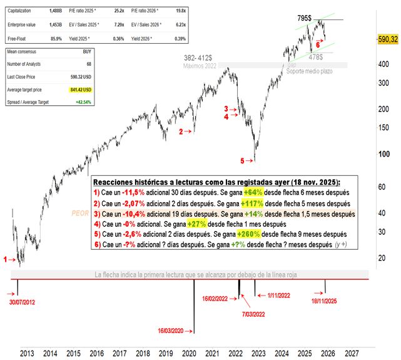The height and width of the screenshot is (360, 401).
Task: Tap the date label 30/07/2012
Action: [23, 302]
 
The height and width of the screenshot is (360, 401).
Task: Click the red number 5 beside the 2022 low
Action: [243, 161]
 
